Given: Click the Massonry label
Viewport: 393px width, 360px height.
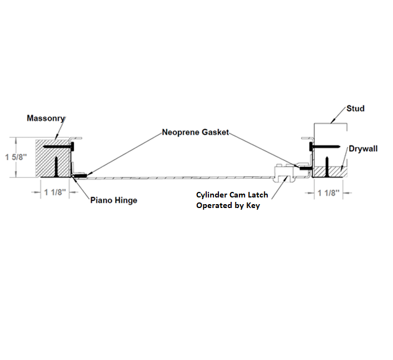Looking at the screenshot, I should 46,119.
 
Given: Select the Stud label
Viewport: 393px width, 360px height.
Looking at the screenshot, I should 355,109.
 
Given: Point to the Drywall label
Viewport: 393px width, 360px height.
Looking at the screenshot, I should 363,149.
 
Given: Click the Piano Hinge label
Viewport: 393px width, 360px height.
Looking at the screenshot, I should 114,200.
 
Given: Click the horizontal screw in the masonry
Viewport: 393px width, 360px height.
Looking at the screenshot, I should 59,147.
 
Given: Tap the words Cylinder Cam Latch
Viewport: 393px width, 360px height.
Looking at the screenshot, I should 231,195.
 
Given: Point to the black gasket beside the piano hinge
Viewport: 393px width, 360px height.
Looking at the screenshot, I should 81,175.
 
